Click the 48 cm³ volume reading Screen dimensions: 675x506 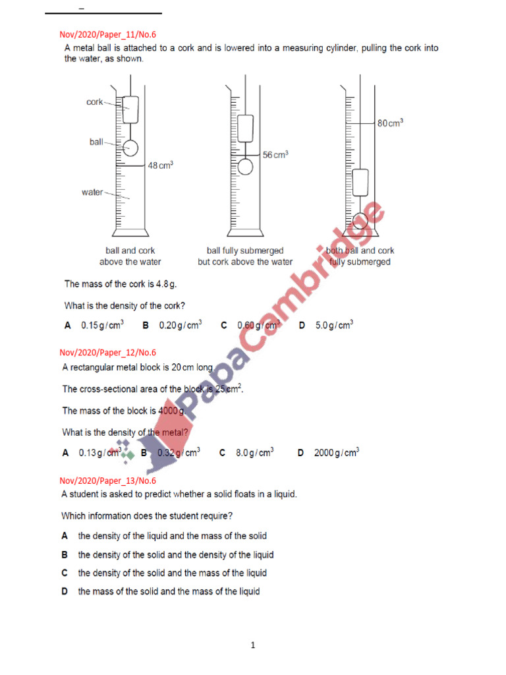click(x=160, y=166)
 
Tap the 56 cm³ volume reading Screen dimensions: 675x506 click(x=275, y=154)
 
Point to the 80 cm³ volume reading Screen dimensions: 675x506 click(x=390, y=123)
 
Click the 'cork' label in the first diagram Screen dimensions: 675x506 click(x=95, y=102)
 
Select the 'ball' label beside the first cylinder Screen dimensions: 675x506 click(x=96, y=142)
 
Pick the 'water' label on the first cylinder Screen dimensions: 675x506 click(x=92, y=192)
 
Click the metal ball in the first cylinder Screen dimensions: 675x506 click(x=130, y=148)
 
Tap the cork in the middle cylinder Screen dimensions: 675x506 click(x=245, y=128)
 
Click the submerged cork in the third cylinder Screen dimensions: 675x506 click(x=360, y=182)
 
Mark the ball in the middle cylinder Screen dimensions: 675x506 click(x=245, y=166)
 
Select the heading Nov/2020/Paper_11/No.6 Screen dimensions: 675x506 click(x=107, y=35)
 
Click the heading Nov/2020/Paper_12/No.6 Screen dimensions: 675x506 click(x=107, y=353)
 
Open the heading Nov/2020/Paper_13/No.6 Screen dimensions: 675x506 click(x=107, y=481)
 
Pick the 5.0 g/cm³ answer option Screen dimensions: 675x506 click(x=334, y=325)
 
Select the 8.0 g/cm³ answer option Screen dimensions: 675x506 click(x=254, y=453)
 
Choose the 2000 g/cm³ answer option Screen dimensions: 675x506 click(x=336, y=453)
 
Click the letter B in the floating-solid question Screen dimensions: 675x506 click(x=65, y=555)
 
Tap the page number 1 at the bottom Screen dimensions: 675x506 click(x=252, y=645)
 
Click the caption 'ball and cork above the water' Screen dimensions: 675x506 click(x=130, y=256)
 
